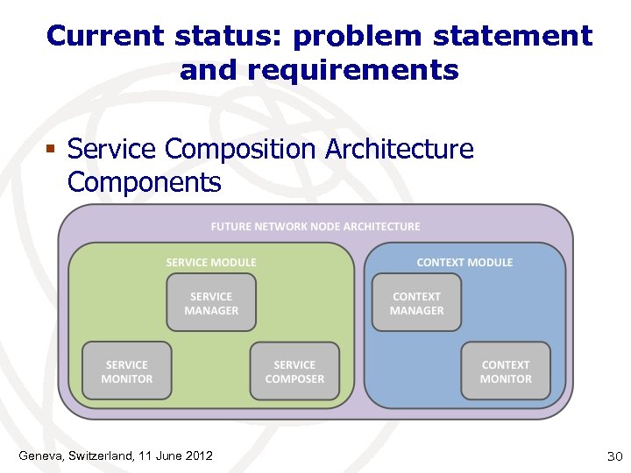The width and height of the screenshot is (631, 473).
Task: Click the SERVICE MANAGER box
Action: tap(211, 303)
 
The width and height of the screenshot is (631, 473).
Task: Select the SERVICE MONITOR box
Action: tap(128, 371)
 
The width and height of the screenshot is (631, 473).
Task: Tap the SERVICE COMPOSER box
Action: tap(294, 371)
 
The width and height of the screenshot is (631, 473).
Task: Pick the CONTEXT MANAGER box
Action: tap(416, 303)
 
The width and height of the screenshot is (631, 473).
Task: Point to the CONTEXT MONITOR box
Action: tap(506, 371)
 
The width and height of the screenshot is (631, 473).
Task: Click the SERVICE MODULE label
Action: tap(211, 262)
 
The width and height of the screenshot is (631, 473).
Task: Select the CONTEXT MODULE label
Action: tap(464, 262)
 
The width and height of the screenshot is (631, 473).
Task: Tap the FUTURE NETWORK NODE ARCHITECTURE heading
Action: tap(315, 226)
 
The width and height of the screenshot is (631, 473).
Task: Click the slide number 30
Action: tap(613, 456)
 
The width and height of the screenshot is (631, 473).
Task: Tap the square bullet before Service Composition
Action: tap(52, 150)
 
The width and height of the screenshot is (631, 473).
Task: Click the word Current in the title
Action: tap(104, 36)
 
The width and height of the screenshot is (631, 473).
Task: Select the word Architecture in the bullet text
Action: tap(399, 149)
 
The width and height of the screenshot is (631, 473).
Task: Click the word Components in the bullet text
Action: tap(144, 182)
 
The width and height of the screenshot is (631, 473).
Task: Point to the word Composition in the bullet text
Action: tap(242, 150)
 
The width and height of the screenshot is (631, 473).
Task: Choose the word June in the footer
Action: tap(165, 455)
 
